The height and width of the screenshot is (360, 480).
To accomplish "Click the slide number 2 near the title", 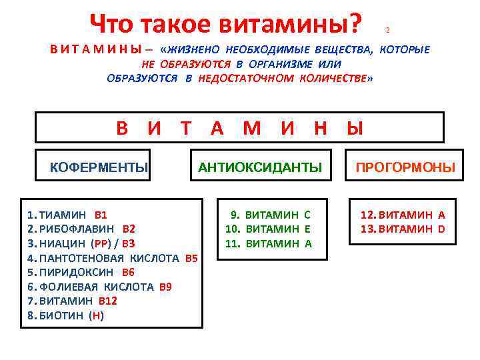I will click(x=387, y=31).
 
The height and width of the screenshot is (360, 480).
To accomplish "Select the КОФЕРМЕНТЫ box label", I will click(x=99, y=167).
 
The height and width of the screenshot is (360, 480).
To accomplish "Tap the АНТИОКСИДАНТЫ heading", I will click(x=260, y=167).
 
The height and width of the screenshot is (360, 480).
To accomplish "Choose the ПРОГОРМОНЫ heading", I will click(x=405, y=167).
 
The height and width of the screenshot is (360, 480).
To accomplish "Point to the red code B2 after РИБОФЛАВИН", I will click(x=129, y=229).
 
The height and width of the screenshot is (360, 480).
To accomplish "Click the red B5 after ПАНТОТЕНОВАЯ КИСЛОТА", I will click(x=191, y=258).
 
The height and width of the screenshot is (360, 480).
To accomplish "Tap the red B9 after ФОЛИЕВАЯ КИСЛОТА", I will click(x=165, y=287).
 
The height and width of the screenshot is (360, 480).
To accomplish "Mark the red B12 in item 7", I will click(x=107, y=301).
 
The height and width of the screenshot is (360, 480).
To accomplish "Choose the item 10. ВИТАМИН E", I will click(x=268, y=229).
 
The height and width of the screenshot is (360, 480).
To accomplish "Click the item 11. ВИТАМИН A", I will click(x=268, y=243).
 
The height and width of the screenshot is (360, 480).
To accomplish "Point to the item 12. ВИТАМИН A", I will click(x=403, y=215).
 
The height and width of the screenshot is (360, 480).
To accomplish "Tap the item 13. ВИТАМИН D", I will click(x=403, y=229).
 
